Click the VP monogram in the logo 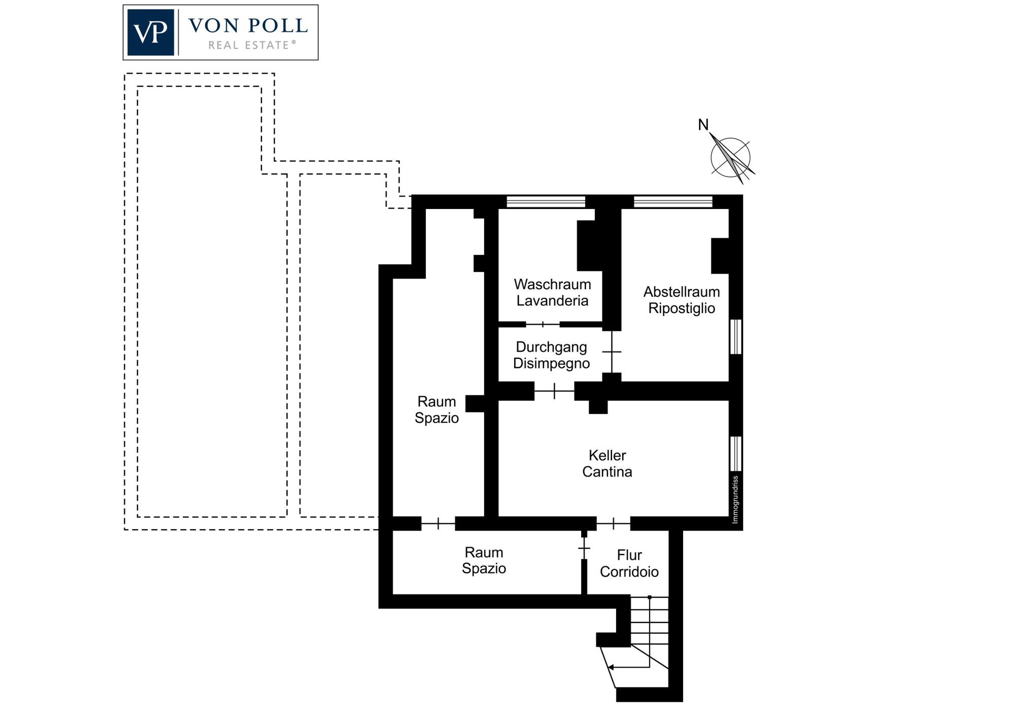pyautogui.click(x=151, y=32)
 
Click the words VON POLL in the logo pyautogui.click(x=248, y=25)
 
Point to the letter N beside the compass pyautogui.click(x=703, y=124)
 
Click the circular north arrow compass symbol pyautogui.click(x=731, y=157)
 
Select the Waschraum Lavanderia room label pyautogui.click(x=552, y=292)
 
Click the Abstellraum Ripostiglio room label pyautogui.click(x=682, y=300)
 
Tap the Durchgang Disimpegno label pyautogui.click(x=552, y=355)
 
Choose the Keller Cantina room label pyautogui.click(x=607, y=463)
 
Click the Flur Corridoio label pyautogui.click(x=629, y=563)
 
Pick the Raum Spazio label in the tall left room pyautogui.click(x=436, y=409)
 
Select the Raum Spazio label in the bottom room pyautogui.click(x=484, y=560)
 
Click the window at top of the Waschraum pyautogui.click(x=546, y=201)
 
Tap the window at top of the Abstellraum pyautogui.click(x=673, y=201)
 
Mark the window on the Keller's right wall pyautogui.click(x=736, y=454)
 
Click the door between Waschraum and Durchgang pyautogui.click(x=543, y=324)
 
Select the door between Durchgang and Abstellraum pyautogui.click(x=612, y=352)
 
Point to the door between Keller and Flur pyautogui.click(x=614, y=523)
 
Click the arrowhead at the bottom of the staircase pyautogui.click(x=611, y=667)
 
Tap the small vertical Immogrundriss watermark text pyautogui.click(x=735, y=499)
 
